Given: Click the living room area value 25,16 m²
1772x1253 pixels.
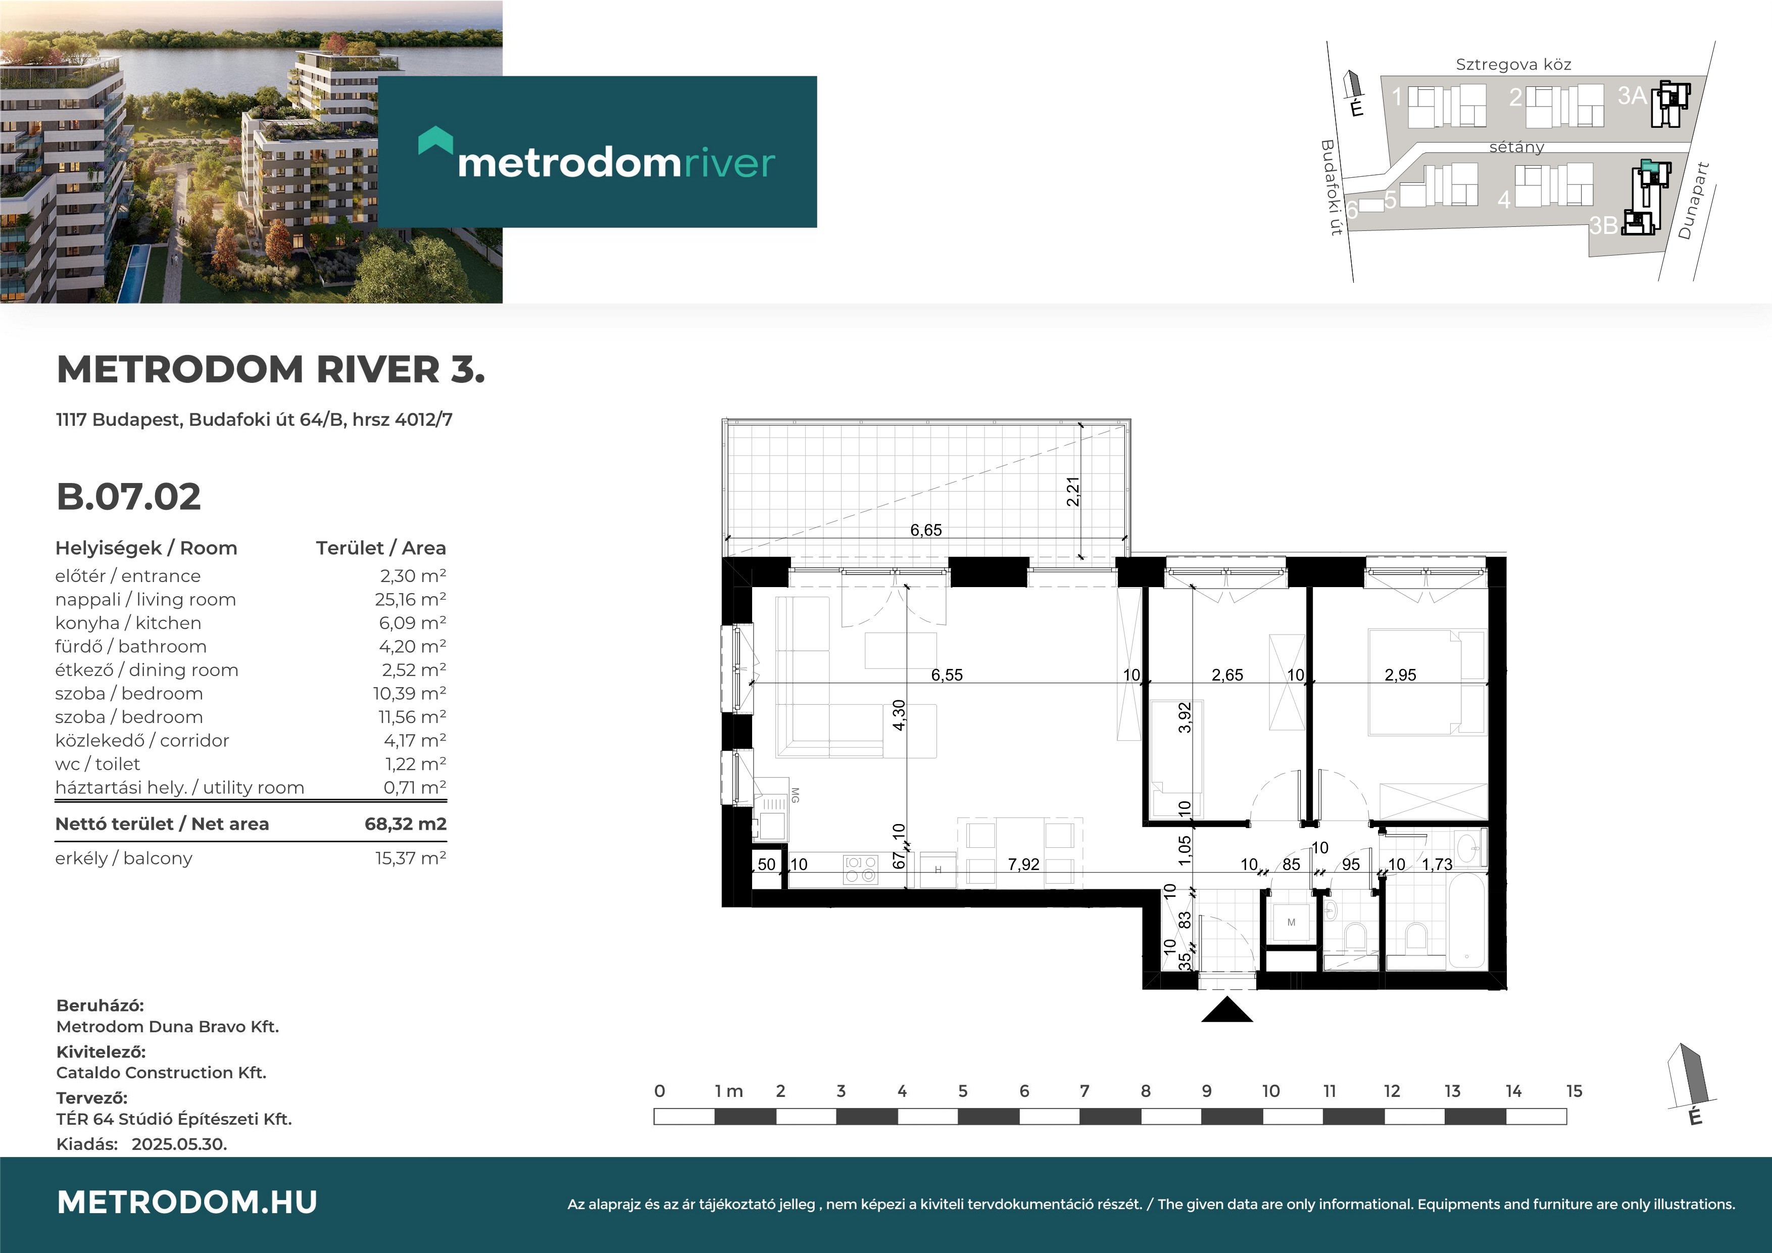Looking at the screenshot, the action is coord(410,600).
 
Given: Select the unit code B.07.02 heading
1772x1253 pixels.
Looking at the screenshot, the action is coord(129,497).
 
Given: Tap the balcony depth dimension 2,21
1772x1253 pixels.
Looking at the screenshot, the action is coord(1073,492).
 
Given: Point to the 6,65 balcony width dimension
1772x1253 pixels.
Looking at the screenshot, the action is coord(925,529).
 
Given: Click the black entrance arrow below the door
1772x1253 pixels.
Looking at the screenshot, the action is coord(1227,1010).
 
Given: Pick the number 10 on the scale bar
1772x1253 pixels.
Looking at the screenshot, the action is coord(1270,1091).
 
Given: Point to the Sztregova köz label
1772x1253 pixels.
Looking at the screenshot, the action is coord(1513,65).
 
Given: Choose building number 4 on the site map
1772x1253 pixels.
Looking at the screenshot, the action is coord(1503,201).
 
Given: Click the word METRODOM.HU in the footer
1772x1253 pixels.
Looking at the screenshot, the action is coord(187,1202).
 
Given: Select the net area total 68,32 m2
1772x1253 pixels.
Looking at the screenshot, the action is coord(405,824).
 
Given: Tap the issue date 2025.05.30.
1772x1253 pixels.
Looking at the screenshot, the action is coord(179,1144).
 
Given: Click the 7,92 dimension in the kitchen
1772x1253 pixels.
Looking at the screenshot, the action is coord(1023,864).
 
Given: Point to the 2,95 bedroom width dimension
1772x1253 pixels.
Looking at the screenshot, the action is coord(1400,675).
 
